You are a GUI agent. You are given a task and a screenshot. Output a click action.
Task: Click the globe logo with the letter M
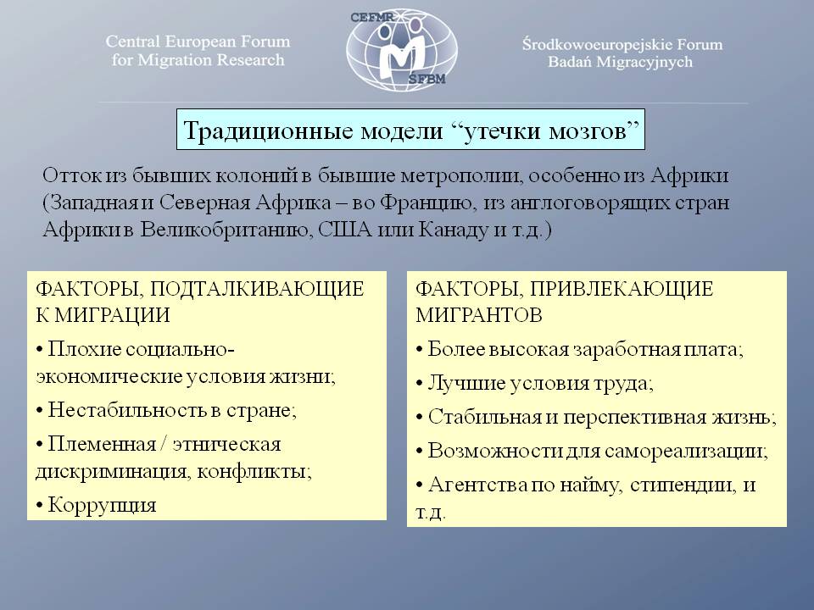(402, 49)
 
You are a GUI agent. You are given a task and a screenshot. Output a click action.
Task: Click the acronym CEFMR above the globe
(372, 17)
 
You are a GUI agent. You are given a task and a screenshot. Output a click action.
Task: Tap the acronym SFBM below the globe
(427, 80)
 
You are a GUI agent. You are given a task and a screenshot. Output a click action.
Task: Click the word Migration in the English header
(170, 60)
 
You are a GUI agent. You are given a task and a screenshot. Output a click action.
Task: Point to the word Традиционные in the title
(269, 130)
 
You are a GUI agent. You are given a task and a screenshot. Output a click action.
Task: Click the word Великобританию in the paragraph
(226, 230)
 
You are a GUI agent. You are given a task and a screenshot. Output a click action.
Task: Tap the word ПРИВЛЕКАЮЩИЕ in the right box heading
(622, 289)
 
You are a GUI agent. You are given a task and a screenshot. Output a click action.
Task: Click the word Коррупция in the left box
(102, 505)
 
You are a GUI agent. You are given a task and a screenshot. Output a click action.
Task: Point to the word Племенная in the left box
(102, 444)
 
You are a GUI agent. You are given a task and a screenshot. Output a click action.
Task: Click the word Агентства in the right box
(477, 485)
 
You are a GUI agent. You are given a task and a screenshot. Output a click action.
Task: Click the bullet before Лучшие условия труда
(420, 385)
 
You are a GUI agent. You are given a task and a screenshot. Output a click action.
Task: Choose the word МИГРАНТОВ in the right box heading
(479, 315)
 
